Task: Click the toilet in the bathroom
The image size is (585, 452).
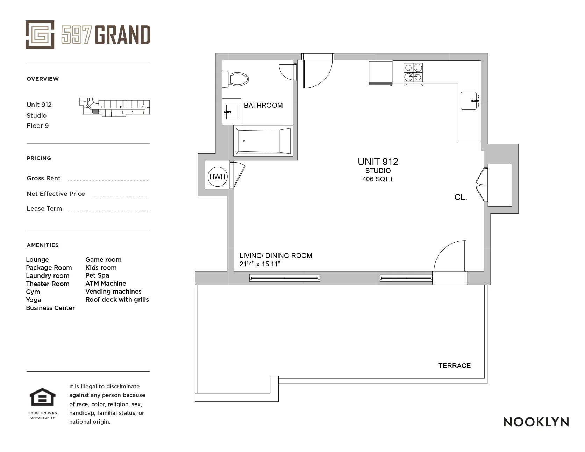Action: coord(238,79)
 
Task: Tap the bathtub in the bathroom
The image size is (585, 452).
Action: coord(263,141)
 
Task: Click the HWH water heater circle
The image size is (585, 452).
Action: coord(217,177)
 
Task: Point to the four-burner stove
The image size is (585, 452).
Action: coord(413,72)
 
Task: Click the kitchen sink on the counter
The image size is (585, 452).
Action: coord(469,101)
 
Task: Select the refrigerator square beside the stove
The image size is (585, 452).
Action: coord(380,72)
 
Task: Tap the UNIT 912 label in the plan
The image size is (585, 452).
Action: coord(378,162)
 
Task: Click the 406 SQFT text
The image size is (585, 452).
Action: coord(378,179)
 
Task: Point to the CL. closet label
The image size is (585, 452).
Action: coord(461,197)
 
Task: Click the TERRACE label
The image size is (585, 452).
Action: coord(454,366)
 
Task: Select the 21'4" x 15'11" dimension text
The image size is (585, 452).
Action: coord(260,264)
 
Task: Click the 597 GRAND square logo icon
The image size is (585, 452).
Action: coord(40,35)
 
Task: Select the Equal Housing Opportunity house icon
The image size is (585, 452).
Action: coord(42,397)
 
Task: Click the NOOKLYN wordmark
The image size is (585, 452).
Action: coord(536,422)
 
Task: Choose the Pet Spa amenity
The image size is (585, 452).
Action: coord(97,275)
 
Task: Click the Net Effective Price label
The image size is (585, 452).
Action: coord(56,194)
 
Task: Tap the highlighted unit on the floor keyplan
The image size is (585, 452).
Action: coord(95,112)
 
